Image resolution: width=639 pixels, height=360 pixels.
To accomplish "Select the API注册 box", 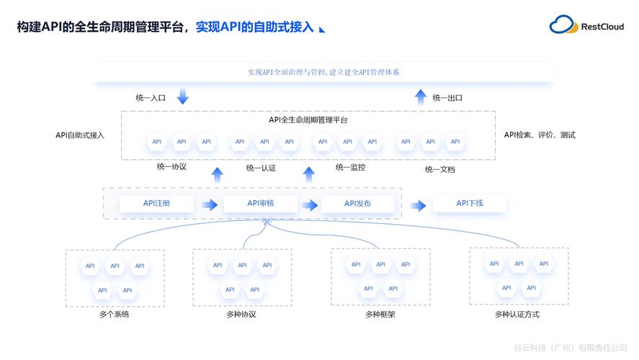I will tap(156, 204).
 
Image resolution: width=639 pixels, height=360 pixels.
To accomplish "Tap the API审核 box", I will tap(260, 204).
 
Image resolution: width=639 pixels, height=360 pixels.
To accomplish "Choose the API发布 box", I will tap(357, 204).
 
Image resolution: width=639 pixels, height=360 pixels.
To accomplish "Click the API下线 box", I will tap(470, 204).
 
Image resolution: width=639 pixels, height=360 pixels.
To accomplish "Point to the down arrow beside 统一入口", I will tap(182, 96).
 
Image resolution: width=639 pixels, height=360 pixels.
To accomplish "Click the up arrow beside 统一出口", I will tap(421, 96).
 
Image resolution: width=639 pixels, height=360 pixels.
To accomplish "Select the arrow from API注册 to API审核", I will tap(210, 205).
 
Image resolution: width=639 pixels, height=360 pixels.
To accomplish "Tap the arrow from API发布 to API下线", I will tap(418, 205).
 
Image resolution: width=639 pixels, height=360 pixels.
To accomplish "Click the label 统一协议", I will tap(171, 166).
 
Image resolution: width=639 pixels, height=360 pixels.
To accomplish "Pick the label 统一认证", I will tap(261, 168).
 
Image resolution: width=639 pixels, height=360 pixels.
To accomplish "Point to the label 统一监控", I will tap(350, 167).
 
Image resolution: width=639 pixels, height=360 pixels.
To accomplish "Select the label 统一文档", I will tap(439, 169).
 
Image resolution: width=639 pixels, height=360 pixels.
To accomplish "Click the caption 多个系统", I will tap(115, 315).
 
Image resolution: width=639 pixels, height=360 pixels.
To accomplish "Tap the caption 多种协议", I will tap(241, 315).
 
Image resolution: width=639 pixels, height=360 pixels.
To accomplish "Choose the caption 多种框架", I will tap(380, 315).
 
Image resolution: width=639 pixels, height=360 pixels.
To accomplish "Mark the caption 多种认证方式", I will tap(517, 315).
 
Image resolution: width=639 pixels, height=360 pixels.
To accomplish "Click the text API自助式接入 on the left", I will tap(80, 135).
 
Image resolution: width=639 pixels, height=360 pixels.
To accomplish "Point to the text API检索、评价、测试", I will tap(540, 135).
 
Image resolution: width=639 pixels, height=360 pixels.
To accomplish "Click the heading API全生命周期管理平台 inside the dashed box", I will tap(308, 120).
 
